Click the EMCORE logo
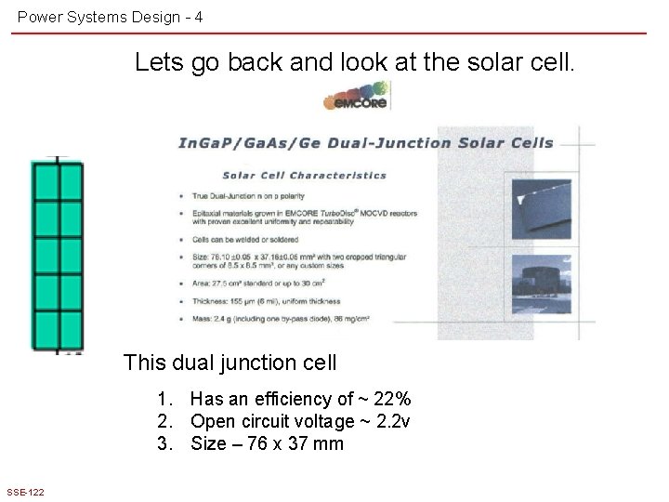(x=356, y=98)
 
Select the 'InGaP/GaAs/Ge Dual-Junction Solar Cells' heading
(x=365, y=143)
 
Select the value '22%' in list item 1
(x=390, y=399)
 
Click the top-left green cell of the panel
(x=46, y=179)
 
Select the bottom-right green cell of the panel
(x=72, y=329)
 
